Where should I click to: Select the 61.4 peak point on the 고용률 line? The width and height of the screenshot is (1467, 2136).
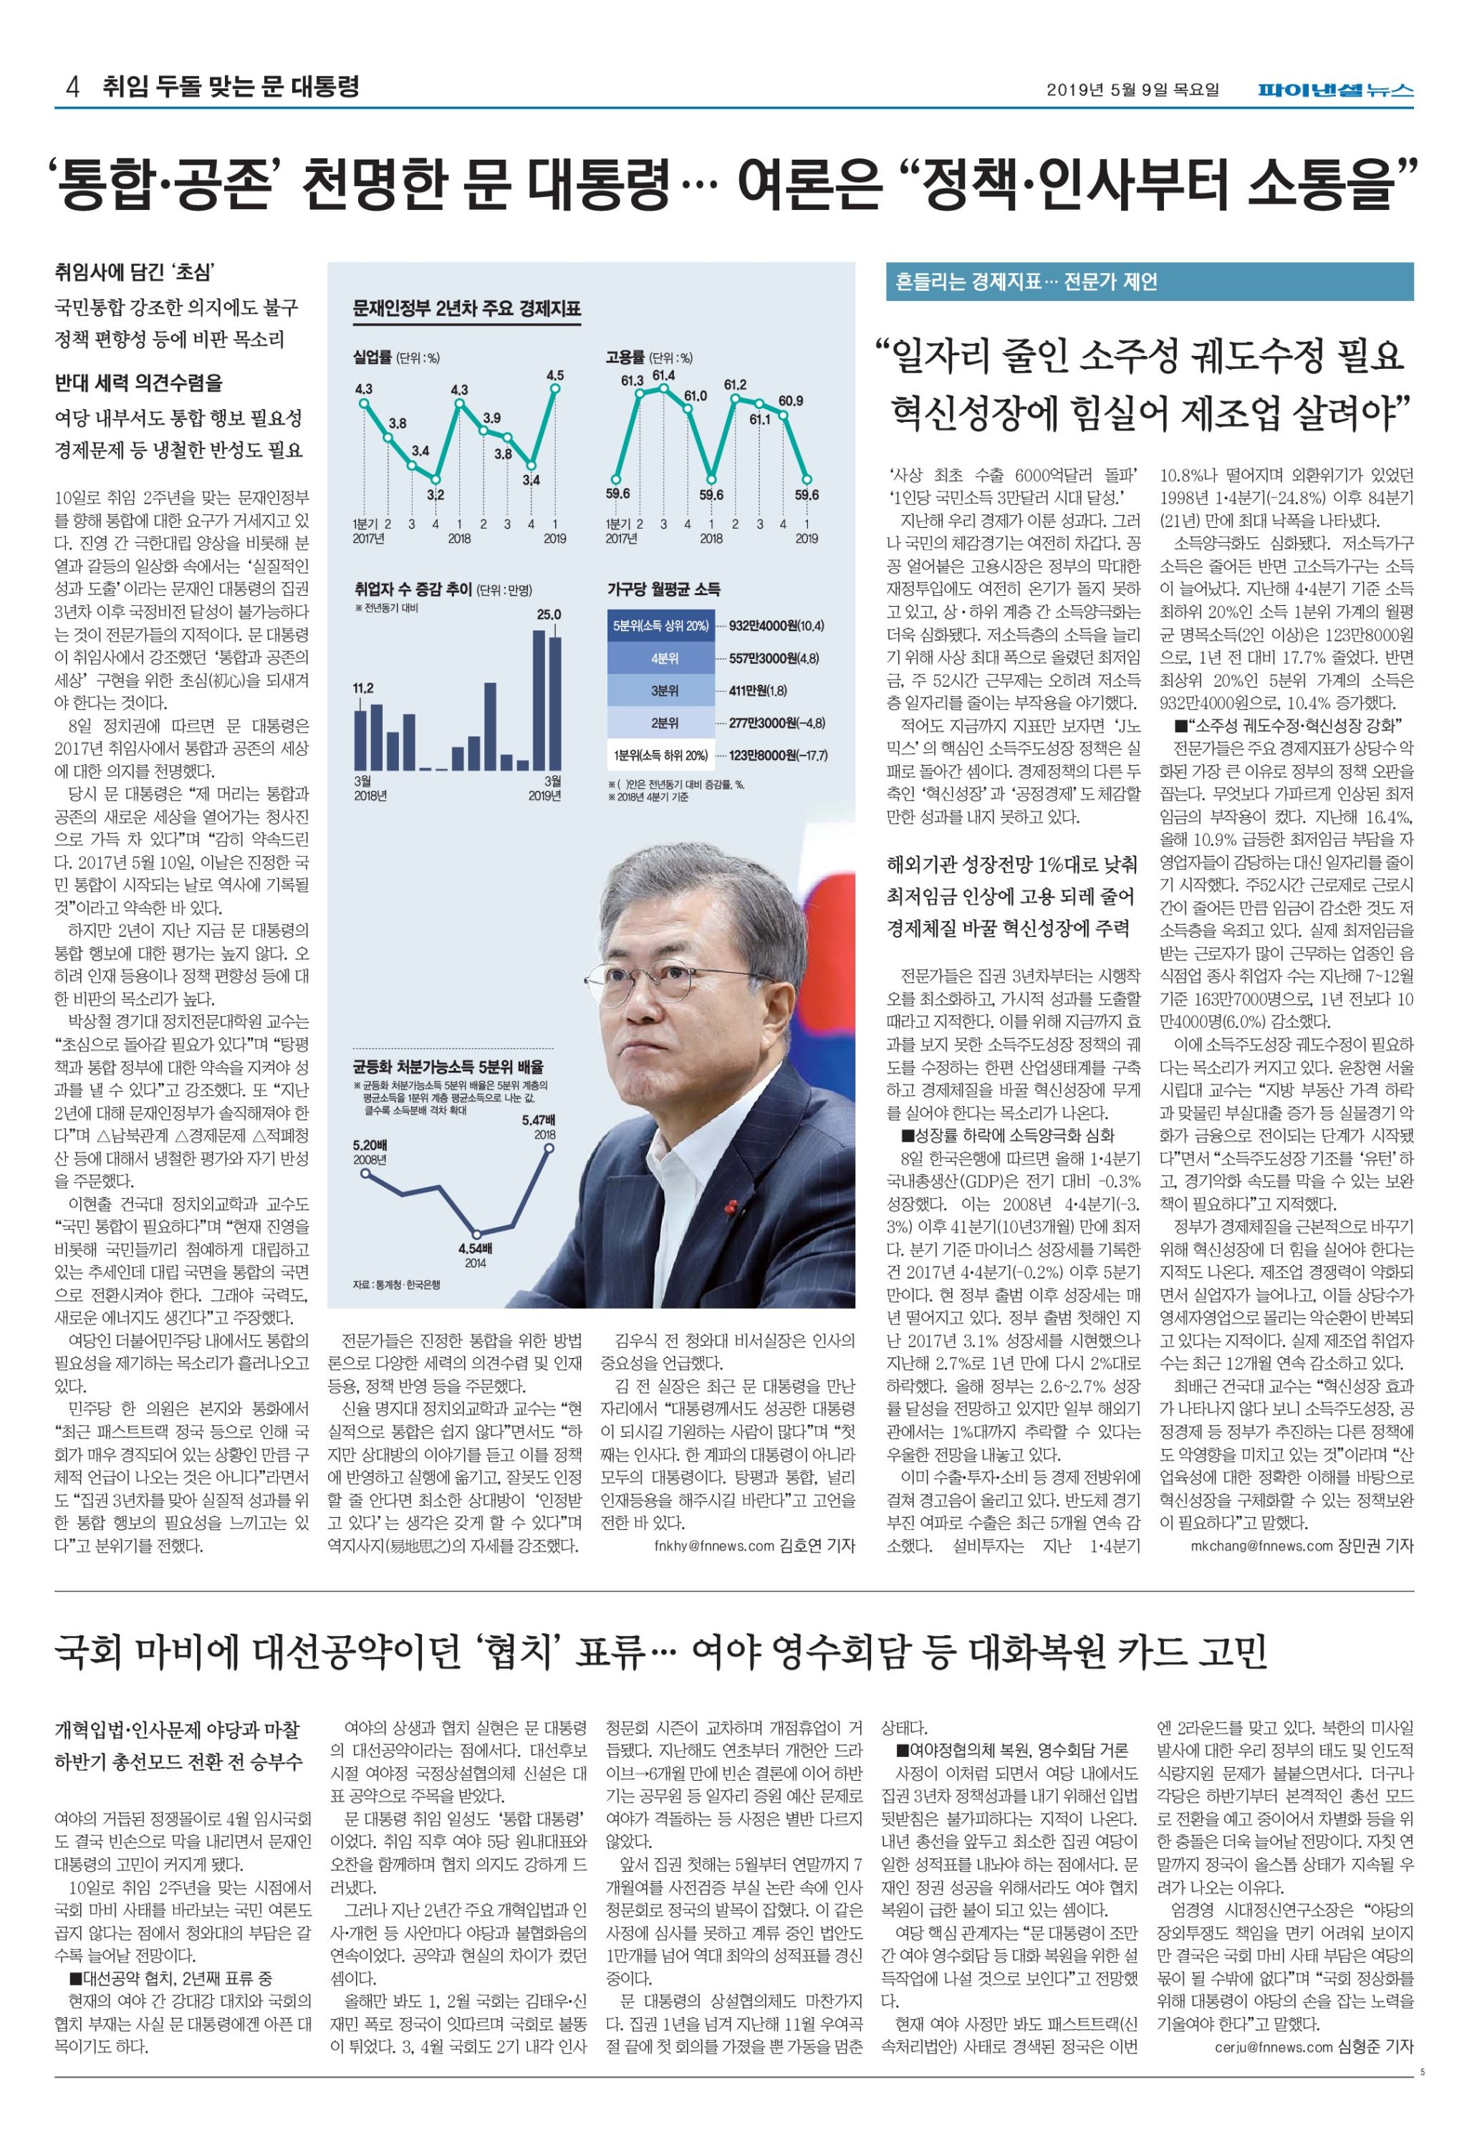[663, 388]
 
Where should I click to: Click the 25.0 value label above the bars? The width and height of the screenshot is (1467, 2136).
[549, 614]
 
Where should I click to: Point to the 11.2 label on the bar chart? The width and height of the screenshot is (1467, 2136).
[363, 688]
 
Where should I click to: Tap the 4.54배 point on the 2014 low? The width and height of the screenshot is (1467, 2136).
[476, 1233]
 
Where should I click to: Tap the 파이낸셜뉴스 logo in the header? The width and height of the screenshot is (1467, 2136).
[1336, 90]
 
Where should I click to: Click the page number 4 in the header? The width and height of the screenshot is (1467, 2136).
[72, 87]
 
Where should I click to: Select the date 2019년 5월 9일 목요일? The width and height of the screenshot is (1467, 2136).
[1132, 90]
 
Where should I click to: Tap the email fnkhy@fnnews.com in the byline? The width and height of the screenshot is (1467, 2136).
[714, 1546]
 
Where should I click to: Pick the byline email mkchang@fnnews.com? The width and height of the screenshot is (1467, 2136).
[1261, 1546]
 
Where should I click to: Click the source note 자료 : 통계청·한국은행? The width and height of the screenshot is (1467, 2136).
[396, 1284]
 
